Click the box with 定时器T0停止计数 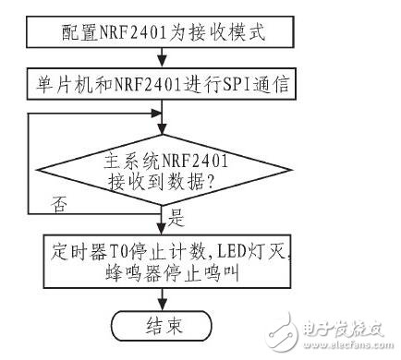pos(163,262)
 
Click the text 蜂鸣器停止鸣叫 pos(163,274)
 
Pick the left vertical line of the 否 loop pos(29,161)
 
